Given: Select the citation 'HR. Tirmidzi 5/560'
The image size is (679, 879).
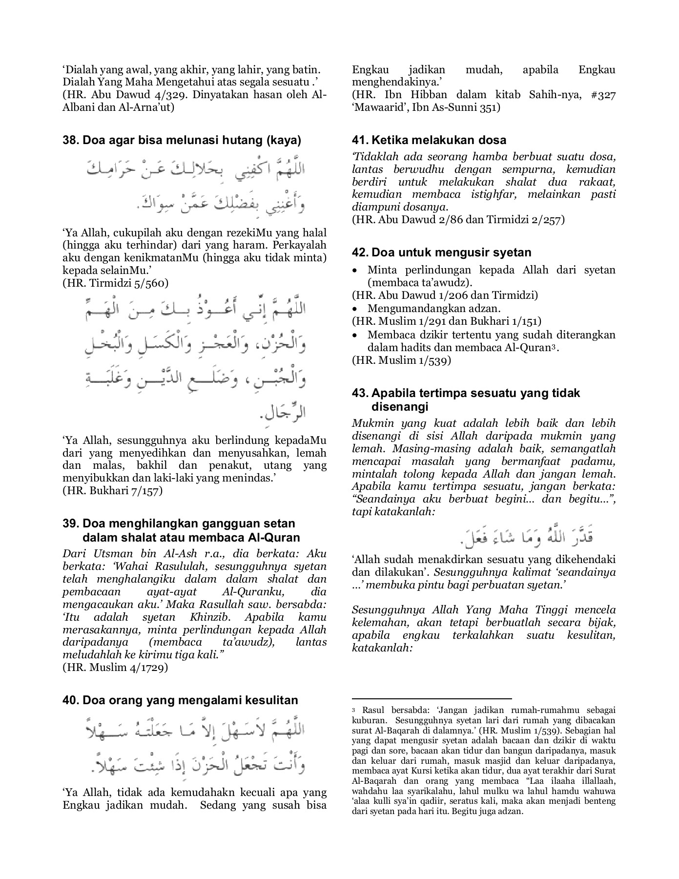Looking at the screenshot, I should tap(116, 283).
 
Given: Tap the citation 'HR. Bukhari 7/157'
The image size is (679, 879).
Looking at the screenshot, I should tap(113, 491).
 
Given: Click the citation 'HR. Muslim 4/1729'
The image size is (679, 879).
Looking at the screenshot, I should tap(115, 668).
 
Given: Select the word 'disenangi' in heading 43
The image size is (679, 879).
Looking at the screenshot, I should tap(400, 407).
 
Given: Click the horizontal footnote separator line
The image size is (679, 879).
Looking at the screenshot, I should tap(432, 699).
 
